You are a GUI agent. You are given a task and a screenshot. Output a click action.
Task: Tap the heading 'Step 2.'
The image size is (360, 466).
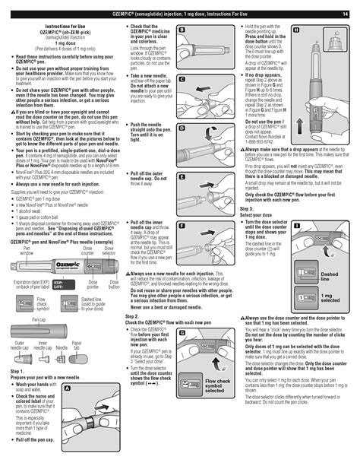tap(131, 315)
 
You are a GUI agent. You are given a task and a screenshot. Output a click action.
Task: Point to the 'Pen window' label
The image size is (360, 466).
tap(27, 249)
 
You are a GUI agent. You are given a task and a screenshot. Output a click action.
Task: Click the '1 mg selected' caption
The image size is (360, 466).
tap(329, 297)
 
